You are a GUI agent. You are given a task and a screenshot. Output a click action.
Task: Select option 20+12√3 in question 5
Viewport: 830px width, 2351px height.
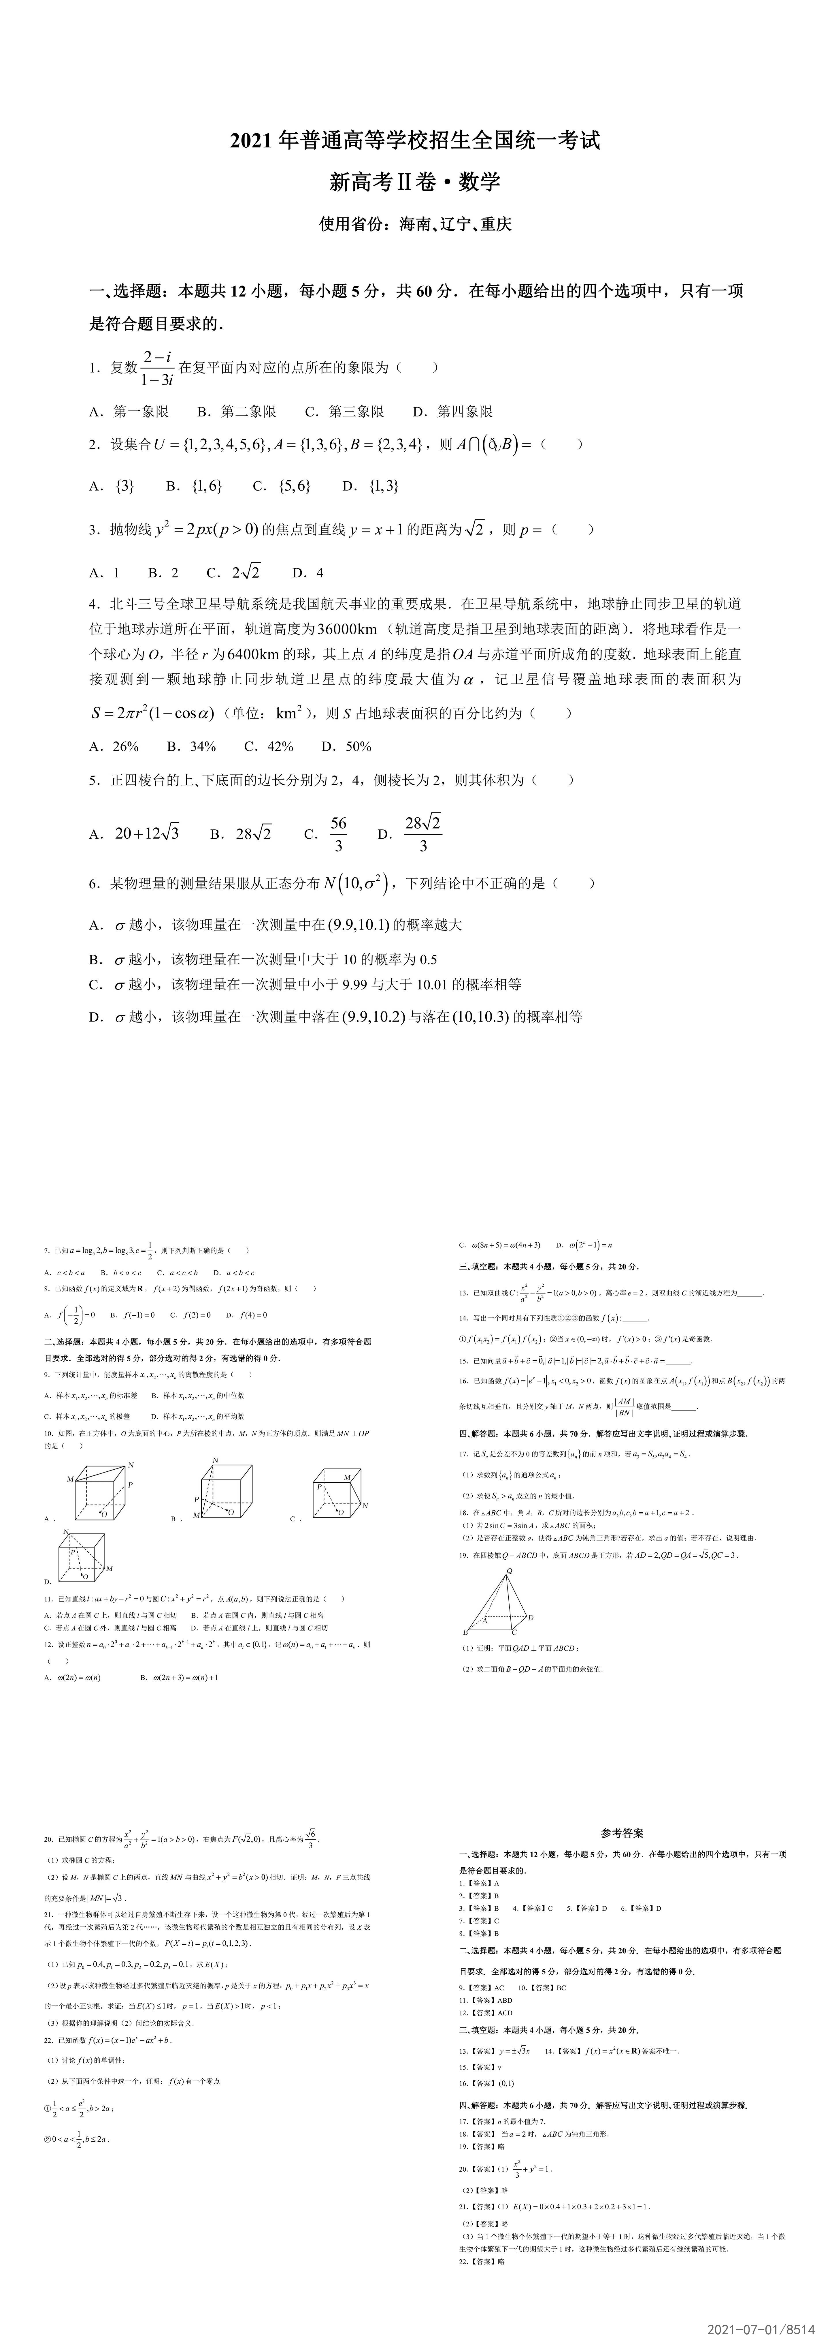(x=146, y=833)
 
